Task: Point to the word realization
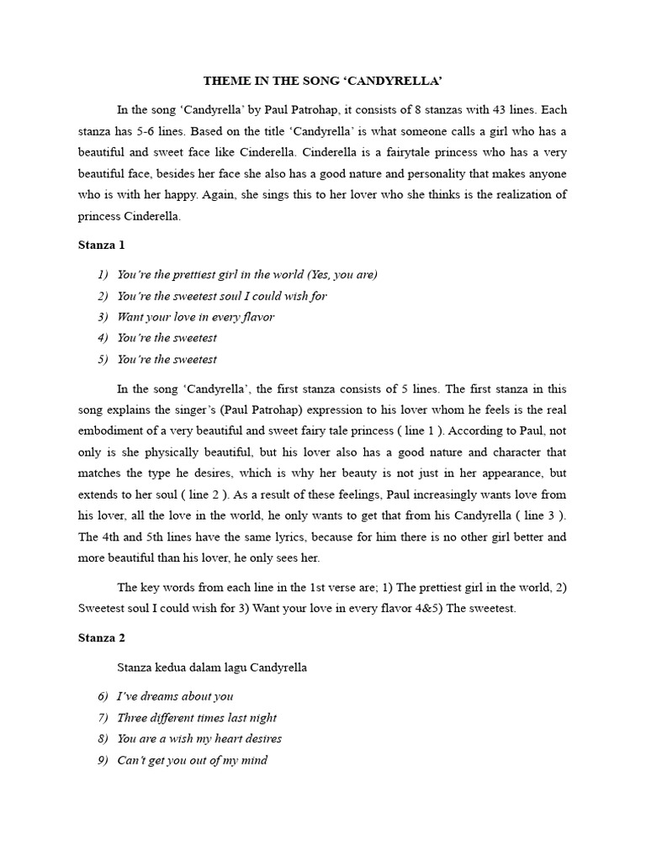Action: click(x=522, y=194)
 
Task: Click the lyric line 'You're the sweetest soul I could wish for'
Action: click(x=222, y=296)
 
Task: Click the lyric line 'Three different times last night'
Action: click(x=197, y=717)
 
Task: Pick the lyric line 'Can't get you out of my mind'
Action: click(x=193, y=760)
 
